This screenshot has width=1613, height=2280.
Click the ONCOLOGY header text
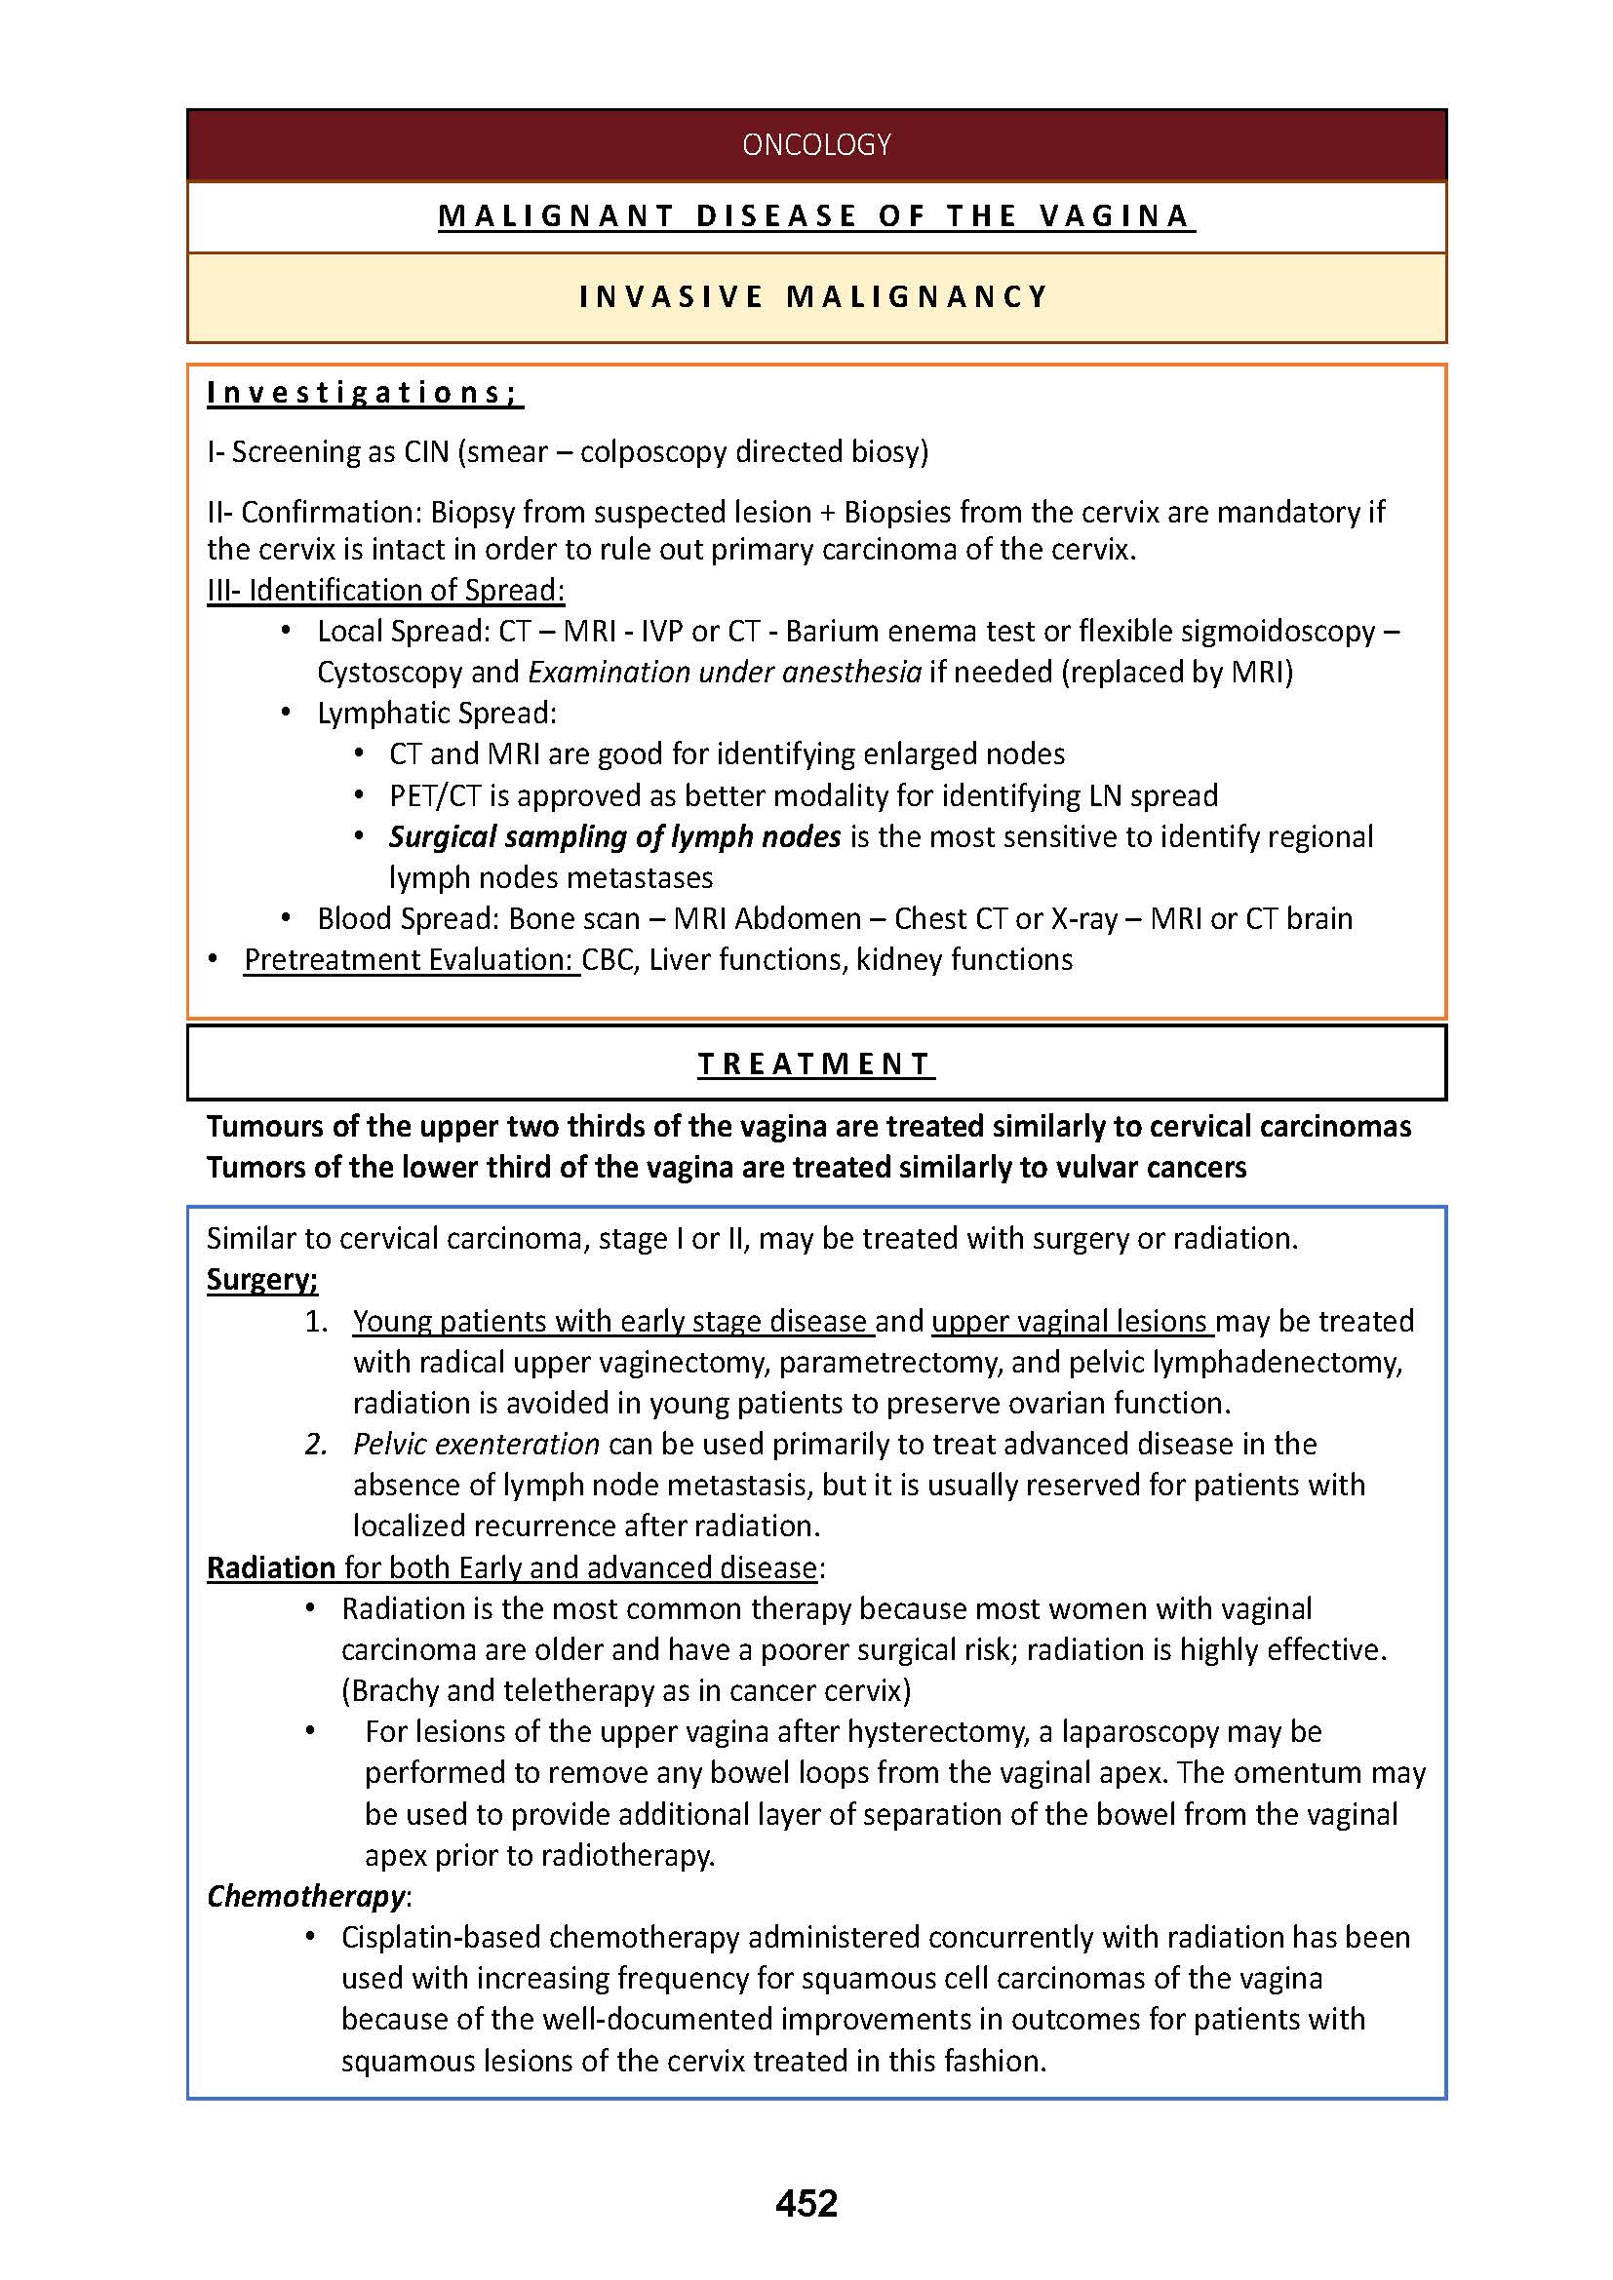815,145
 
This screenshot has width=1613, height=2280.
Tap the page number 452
806,2203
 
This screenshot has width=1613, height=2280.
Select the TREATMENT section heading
814,1063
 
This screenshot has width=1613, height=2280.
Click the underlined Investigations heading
364,393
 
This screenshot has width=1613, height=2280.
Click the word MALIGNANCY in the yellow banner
917,297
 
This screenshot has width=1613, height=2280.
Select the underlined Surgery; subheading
262,1279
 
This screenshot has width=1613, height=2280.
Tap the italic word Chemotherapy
306,1896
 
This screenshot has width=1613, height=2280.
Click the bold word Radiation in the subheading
271,1567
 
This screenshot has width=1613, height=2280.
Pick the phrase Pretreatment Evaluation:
411,959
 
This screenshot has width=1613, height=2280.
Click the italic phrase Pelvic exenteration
476,1443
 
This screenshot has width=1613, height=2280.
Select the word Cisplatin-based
440,1937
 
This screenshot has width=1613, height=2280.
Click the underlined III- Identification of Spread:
385,590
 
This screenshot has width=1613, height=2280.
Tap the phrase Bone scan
574,918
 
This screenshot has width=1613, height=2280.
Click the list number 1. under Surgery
317,1321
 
